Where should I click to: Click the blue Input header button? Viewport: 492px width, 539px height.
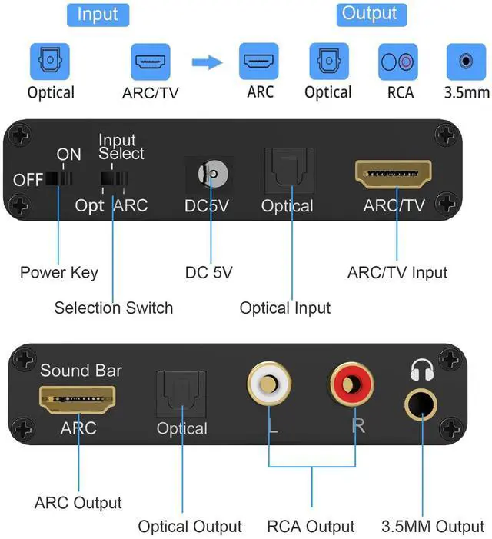pyautogui.click(x=98, y=15)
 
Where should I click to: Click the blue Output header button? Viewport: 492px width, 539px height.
pyautogui.click(x=370, y=14)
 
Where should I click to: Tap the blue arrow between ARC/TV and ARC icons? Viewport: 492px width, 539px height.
pyautogui.click(x=207, y=62)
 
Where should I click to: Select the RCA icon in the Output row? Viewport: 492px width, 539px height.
pyautogui.click(x=398, y=62)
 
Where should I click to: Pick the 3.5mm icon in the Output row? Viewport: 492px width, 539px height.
pyautogui.click(x=466, y=62)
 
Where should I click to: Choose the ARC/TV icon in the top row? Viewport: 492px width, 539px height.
pyautogui.click(x=151, y=62)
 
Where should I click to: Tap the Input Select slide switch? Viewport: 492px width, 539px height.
pyautogui.click(x=113, y=179)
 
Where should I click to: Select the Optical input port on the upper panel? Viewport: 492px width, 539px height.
pyautogui.click(x=286, y=173)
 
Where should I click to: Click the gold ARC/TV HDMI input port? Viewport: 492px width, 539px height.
pyautogui.click(x=394, y=175)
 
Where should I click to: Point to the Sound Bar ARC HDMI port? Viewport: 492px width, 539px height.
pyautogui.click(x=78, y=399)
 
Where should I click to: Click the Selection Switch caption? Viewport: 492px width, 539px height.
pyautogui.click(x=114, y=308)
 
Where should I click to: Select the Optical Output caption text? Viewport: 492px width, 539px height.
pyautogui.click(x=190, y=527)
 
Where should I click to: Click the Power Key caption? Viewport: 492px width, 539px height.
pyautogui.click(x=59, y=272)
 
